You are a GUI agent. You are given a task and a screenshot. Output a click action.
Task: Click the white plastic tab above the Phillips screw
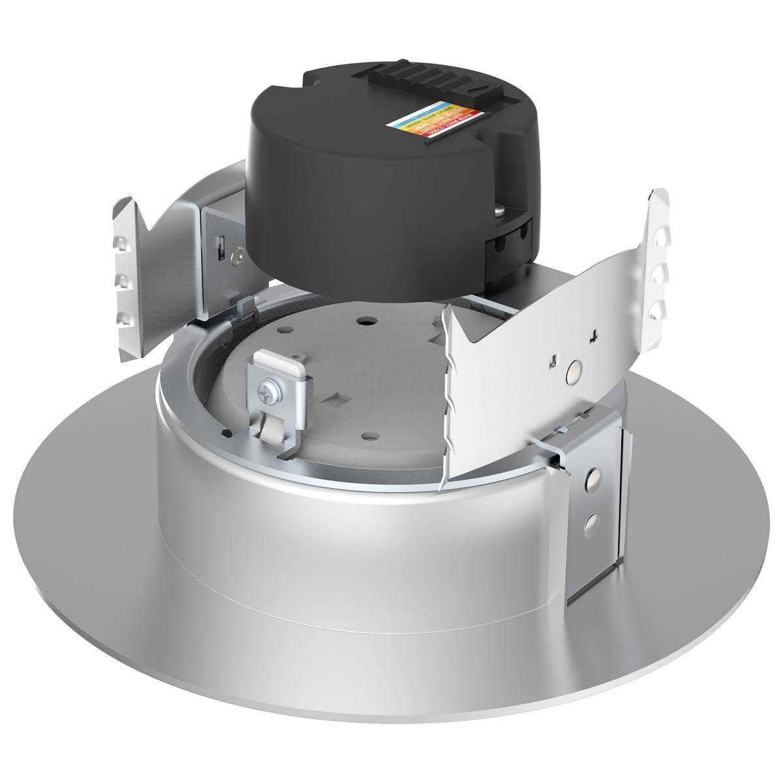[281, 361]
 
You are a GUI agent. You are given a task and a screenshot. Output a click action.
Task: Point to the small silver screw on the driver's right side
[499, 210]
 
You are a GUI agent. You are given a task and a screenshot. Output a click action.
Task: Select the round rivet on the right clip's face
[574, 371]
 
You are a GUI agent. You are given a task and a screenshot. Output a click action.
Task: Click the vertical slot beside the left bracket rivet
[221, 247]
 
